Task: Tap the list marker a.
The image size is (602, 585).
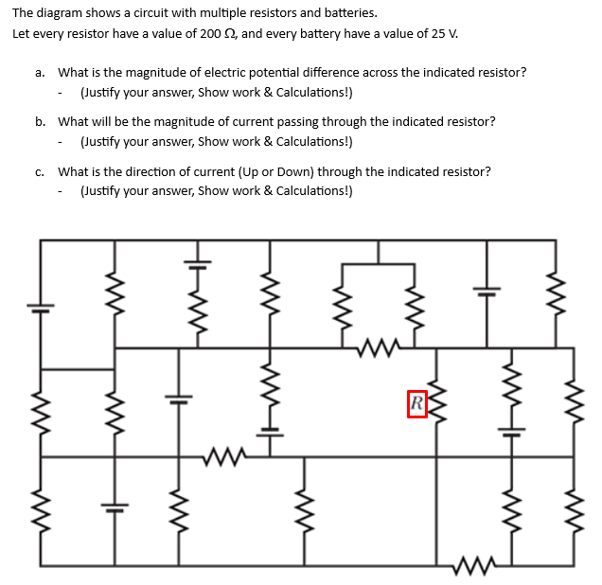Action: [x=39, y=72]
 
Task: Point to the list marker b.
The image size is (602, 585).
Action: [x=40, y=122]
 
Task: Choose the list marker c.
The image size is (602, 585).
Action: [x=39, y=172]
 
